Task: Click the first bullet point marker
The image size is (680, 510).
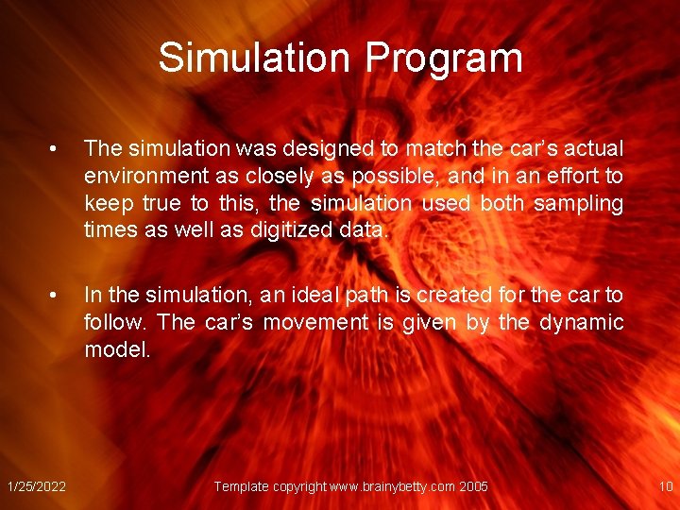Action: [58, 149]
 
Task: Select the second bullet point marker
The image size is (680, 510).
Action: [58, 296]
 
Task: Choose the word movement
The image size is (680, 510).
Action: [316, 322]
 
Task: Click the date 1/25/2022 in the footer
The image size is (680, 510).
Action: [36, 486]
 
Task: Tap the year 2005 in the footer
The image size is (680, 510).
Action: [473, 486]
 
